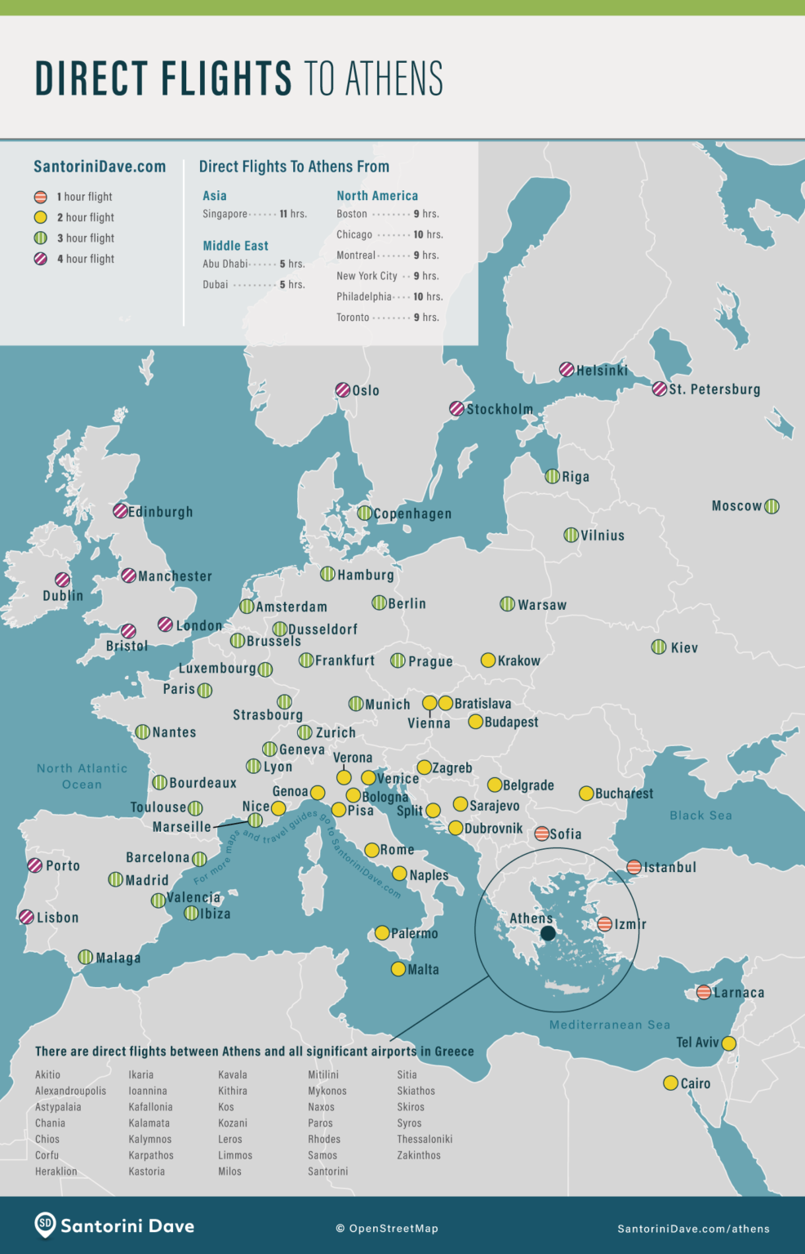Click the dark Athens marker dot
[x=548, y=933]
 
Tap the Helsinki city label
[x=602, y=371]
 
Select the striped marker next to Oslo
[x=343, y=390]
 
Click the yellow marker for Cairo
[x=670, y=1083]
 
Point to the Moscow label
[x=736, y=506]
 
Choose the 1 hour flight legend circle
[x=40, y=197]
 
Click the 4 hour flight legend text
[x=86, y=259]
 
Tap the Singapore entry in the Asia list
[x=225, y=214]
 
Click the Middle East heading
[x=235, y=246]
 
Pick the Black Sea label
[x=700, y=816]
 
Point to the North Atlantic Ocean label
[x=82, y=776]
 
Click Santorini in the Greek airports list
[x=327, y=1172]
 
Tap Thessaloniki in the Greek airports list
[x=425, y=1139]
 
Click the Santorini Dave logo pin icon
[x=45, y=1225]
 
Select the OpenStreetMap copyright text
[x=387, y=1229]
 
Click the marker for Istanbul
[x=634, y=867]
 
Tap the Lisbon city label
[x=57, y=918]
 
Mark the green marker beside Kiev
[x=659, y=647]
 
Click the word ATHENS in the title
[x=394, y=79]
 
